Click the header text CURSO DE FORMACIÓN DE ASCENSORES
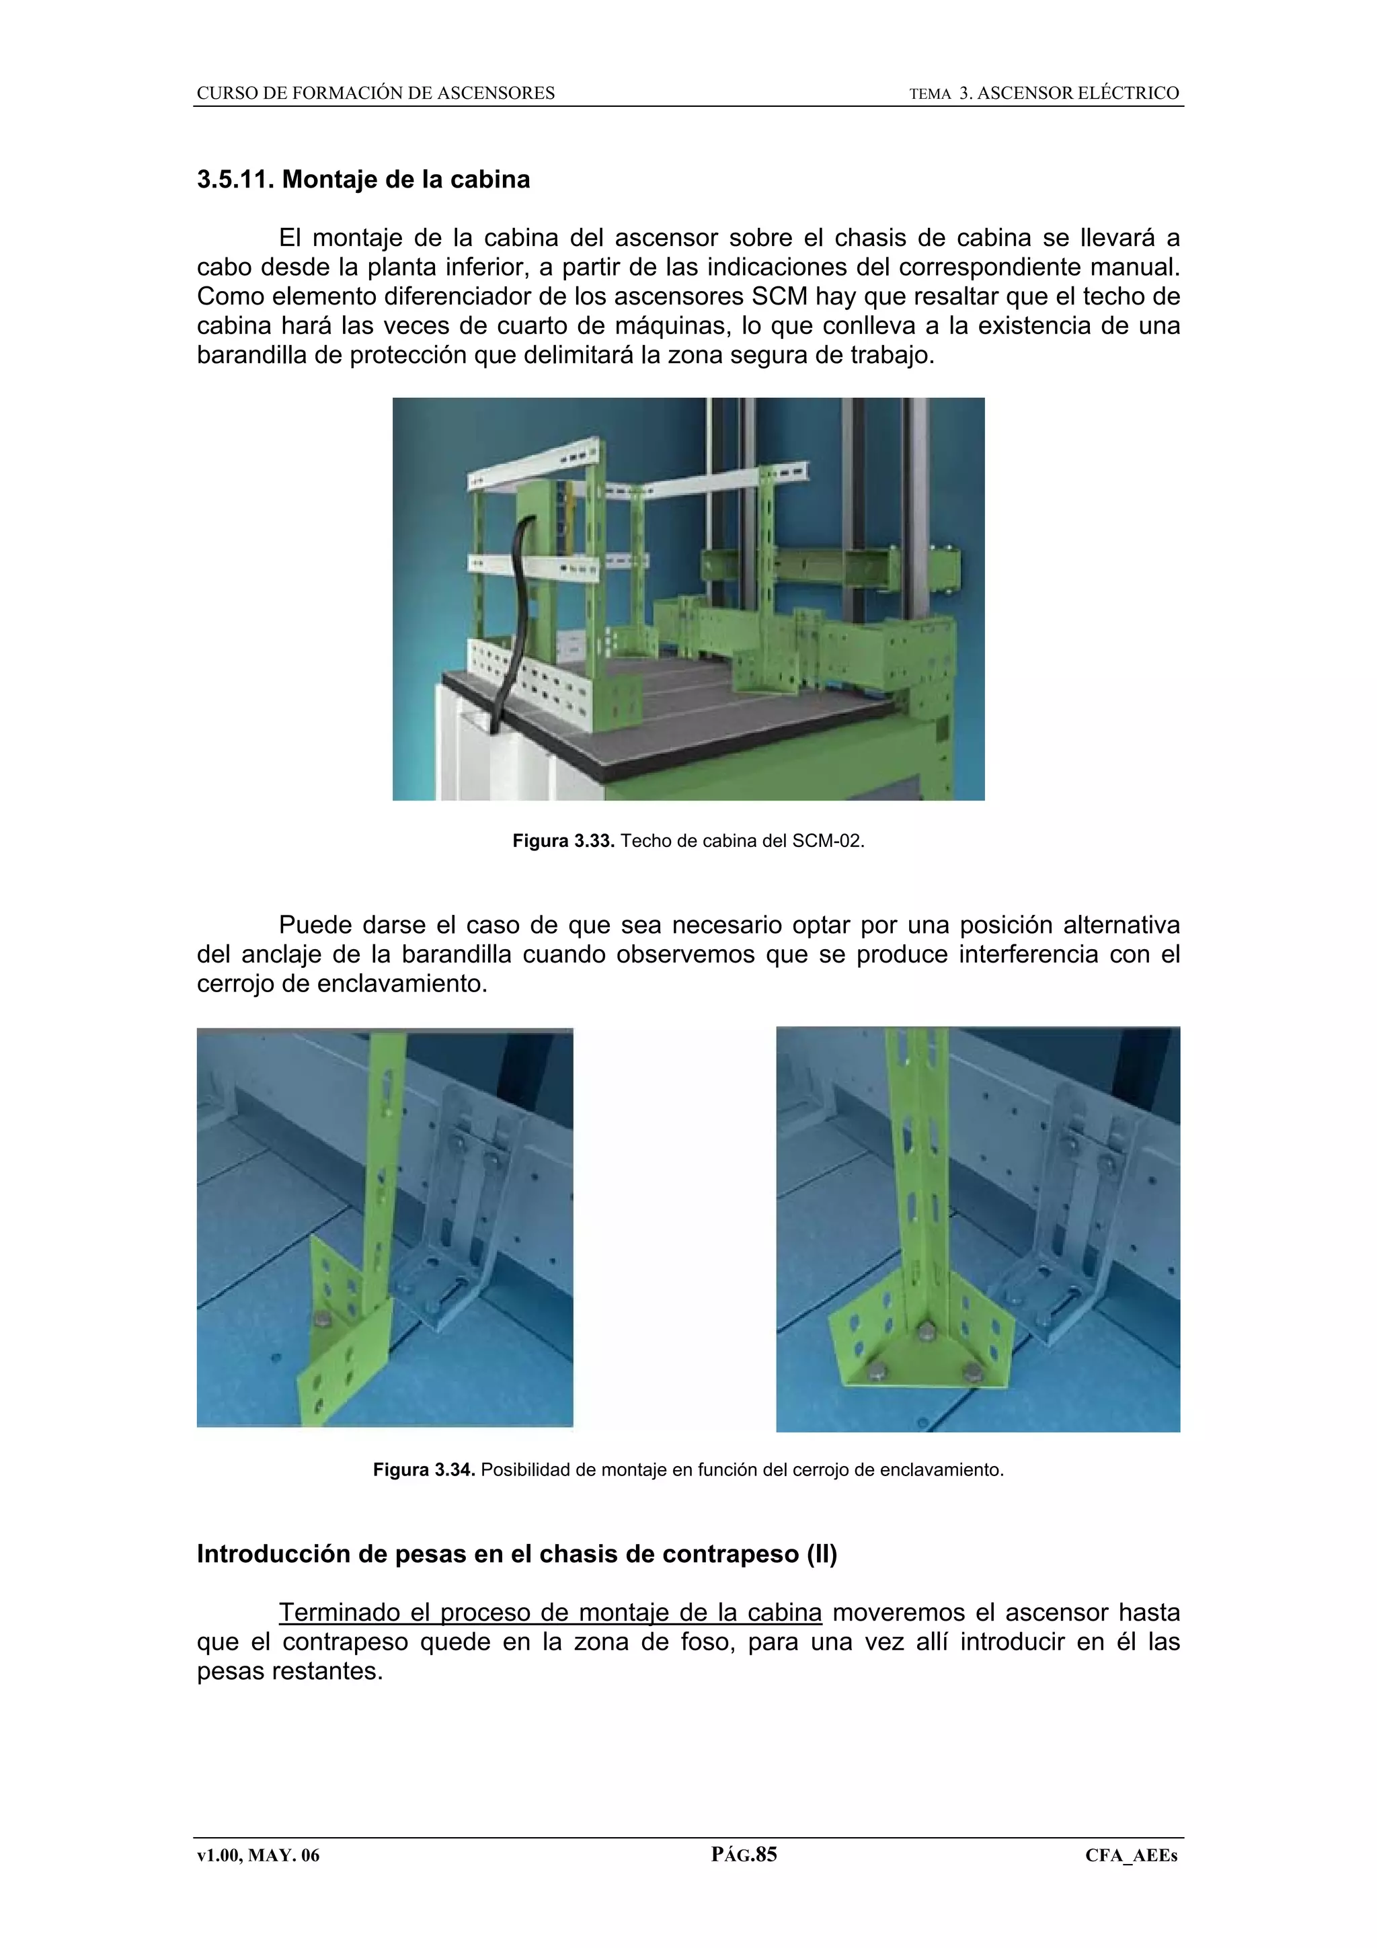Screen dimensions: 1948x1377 376,93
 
